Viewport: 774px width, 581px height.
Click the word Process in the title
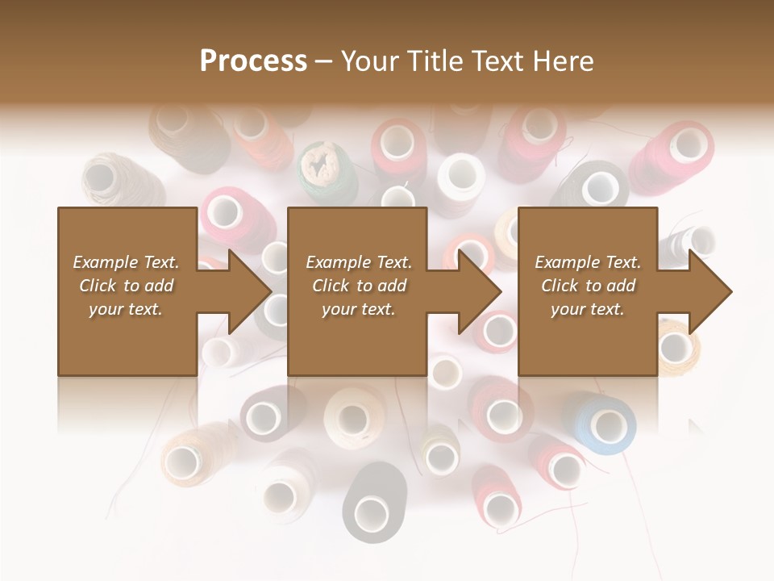click(x=253, y=61)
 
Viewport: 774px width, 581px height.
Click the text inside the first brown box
click(x=127, y=286)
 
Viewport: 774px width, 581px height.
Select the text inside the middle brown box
click(x=358, y=286)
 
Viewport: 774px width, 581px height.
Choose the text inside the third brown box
click(x=587, y=286)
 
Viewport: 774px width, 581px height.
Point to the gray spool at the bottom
click(x=372, y=504)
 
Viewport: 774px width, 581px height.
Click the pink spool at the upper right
click(x=677, y=153)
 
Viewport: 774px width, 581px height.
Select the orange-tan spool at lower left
click(x=190, y=456)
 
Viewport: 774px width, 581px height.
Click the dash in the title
click(x=324, y=61)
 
